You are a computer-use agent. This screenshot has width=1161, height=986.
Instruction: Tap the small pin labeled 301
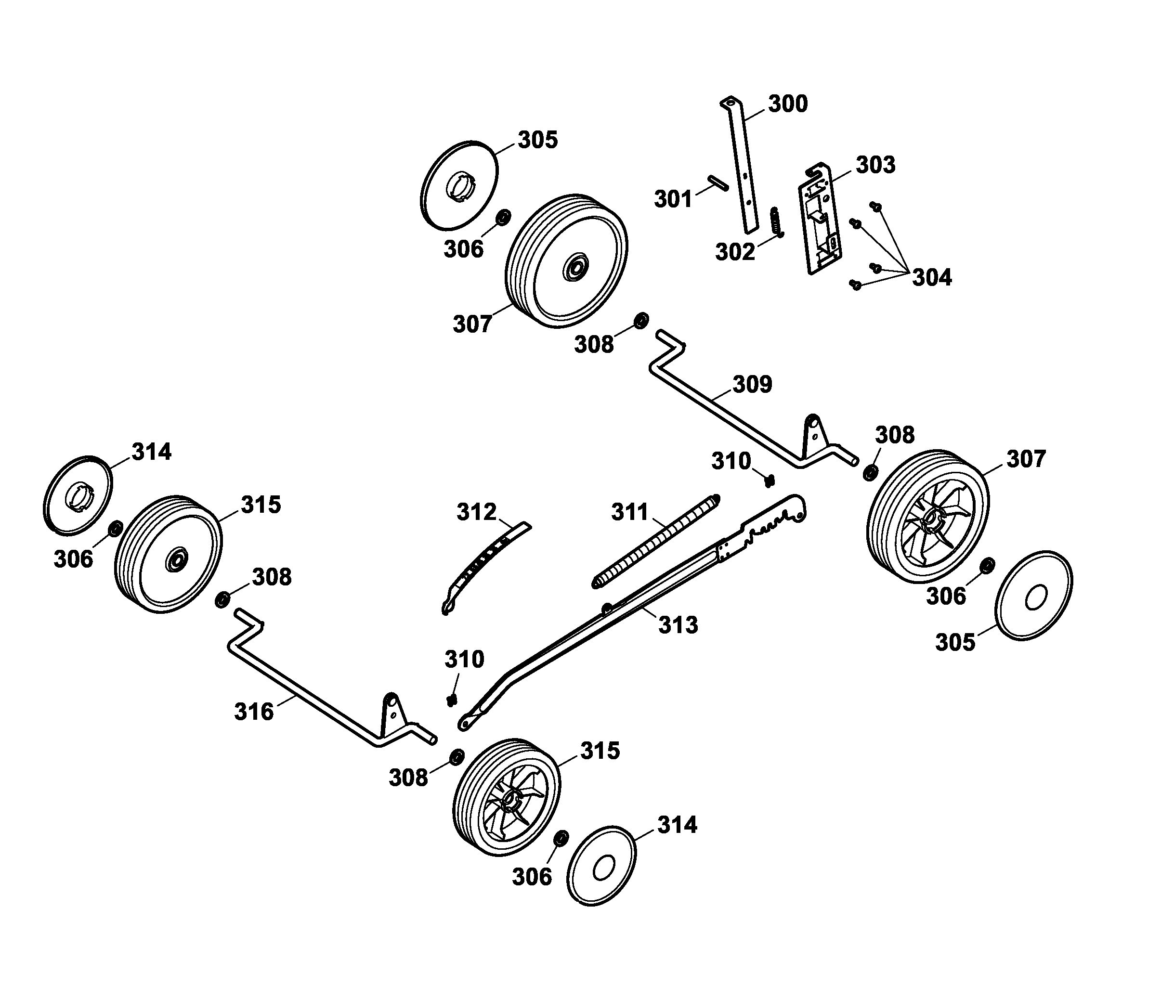pos(717,183)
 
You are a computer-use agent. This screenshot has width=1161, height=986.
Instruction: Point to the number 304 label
pos(931,277)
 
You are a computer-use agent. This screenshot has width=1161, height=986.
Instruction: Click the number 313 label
pos(678,625)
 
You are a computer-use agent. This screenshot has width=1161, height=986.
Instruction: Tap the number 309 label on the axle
pos(752,385)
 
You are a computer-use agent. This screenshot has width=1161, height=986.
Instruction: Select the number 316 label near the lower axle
pos(253,712)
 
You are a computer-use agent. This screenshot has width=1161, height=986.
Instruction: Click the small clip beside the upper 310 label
pos(769,480)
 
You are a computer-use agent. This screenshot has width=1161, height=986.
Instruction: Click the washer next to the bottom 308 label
pos(456,757)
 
